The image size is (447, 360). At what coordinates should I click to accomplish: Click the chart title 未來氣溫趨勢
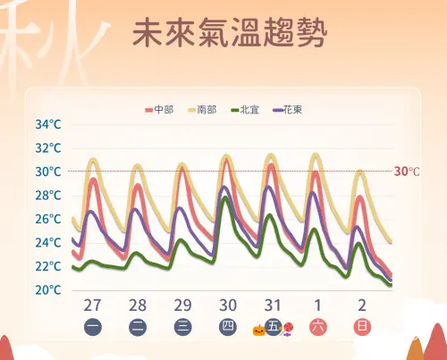(229, 33)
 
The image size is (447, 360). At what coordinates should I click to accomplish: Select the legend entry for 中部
(159, 110)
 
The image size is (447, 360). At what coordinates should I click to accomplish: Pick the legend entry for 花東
(288, 110)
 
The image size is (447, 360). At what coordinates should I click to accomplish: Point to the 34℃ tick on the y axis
(48, 124)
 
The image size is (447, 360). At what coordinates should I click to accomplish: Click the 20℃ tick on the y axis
(48, 290)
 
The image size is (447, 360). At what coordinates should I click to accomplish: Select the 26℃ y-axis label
(48, 219)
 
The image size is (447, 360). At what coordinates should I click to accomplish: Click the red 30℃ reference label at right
(407, 172)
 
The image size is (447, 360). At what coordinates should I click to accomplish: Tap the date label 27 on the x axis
(93, 305)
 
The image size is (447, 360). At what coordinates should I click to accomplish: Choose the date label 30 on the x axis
(227, 305)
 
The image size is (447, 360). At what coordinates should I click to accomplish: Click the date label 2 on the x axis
(361, 305)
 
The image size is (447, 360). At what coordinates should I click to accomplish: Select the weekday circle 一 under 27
(93, 327)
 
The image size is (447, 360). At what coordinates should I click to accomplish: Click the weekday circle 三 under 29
(182, 327)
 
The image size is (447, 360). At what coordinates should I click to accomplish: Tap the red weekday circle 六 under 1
(317, 327)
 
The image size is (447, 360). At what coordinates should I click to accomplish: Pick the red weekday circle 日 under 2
(361, 327)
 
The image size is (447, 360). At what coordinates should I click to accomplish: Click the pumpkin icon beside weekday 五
(258, 330)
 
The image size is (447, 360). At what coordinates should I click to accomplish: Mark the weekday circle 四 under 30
(227, 327)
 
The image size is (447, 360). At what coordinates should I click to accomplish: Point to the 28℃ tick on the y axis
(48, 196)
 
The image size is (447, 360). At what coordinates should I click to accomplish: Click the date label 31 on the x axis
(272, 305)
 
